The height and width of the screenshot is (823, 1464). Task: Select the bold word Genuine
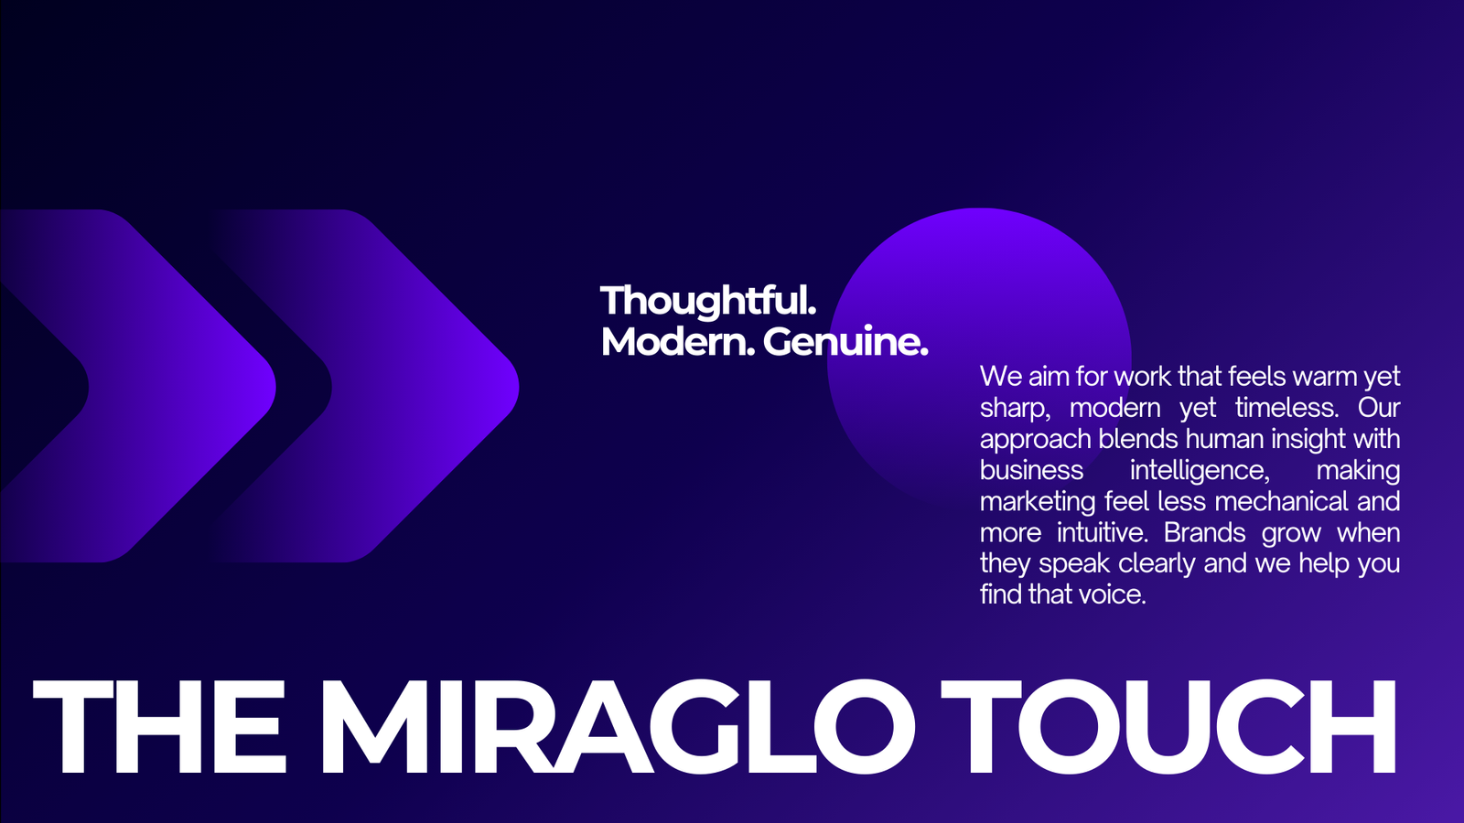[845, 341]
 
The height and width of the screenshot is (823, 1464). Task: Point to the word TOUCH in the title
[1168, 726]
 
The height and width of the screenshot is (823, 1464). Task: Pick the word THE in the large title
[159, 726]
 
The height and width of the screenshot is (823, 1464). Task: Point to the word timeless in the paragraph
[1286, 408]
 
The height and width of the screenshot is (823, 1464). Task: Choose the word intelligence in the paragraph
[1200, 471]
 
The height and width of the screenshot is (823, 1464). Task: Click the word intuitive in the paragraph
[1103, 532]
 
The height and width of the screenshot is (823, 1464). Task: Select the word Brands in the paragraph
[1204, 532]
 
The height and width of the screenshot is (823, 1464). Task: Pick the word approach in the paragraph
[1035, 440]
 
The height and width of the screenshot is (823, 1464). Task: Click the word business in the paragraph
[1031, 470]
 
